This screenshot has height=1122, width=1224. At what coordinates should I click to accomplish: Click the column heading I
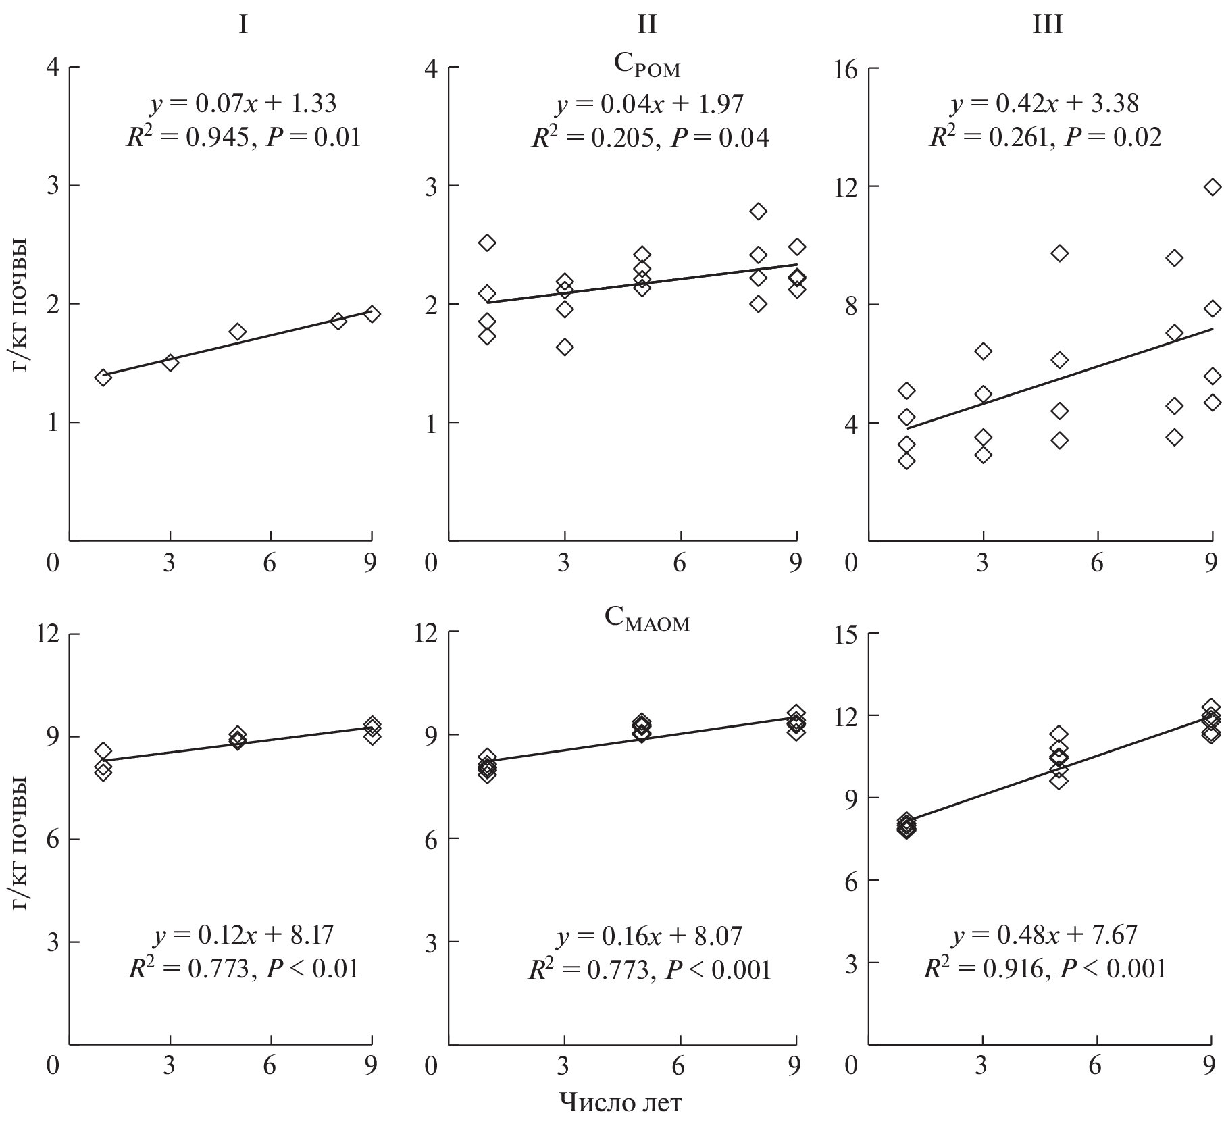coord(243,25)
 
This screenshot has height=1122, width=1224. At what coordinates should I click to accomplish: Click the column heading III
coord(1048,25)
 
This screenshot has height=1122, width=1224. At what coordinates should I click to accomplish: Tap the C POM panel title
coord(646,68)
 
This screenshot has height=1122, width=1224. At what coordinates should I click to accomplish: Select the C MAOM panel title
coord(646,620)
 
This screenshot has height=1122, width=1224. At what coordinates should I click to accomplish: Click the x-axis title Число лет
coord(620,1103)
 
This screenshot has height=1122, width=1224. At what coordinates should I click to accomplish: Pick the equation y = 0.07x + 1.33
coord(243,103)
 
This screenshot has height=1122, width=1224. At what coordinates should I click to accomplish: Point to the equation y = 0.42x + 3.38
coord(1045,103)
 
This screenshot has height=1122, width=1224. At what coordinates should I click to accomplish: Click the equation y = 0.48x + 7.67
coord(1045,936)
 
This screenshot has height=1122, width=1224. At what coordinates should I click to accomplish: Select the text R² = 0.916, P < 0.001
coord(1045,969)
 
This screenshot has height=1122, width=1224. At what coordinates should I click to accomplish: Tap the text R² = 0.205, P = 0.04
coord(650,138)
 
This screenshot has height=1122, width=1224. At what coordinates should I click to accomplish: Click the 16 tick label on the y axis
coord(850,69)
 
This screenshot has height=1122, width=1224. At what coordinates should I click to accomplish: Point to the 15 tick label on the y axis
coord(850,634)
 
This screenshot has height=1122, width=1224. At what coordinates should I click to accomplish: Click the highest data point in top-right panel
coord(1213,187)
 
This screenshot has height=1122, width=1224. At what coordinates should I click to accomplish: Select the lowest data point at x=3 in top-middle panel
coord(565,347)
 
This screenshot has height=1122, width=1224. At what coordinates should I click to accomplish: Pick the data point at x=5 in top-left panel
coord(237,332)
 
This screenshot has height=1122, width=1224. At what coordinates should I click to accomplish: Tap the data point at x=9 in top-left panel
coord(372,314)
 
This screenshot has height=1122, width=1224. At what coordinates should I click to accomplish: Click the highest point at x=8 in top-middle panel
coord(759,211)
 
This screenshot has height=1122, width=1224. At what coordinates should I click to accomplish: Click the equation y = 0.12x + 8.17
coord(244,935)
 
